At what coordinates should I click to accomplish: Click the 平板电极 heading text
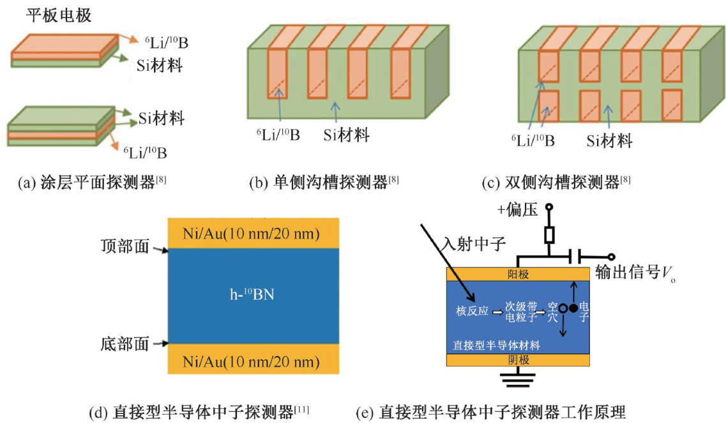click(x=58, y=16)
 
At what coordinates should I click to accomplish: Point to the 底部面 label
click(x=125, y=345)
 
